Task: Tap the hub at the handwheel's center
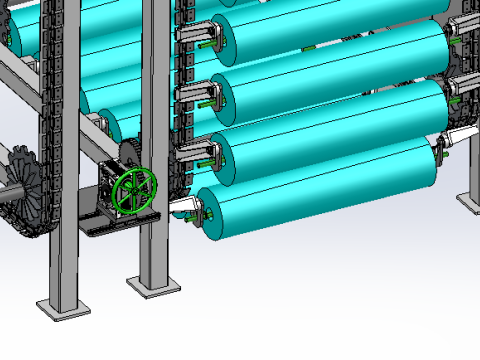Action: coord(135,191)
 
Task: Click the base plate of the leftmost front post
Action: coord(57,306)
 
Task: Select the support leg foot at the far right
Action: coord(470,199)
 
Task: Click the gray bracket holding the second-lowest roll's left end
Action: coord(195,154)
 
